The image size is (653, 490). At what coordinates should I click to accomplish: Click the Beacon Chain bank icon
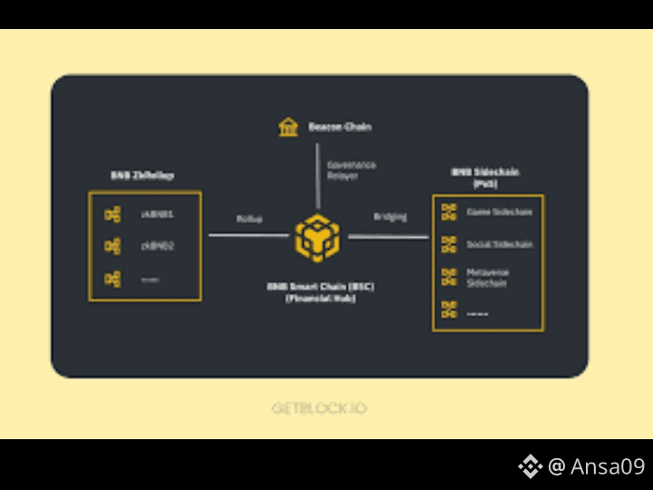click(288, 127)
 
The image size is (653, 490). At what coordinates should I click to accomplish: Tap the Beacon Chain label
click(340, 127)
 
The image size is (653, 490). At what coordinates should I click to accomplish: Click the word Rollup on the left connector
click(249, 219)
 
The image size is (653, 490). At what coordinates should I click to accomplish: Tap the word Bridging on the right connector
click(390, 217)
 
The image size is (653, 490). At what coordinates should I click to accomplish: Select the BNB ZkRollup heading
click(142, 174)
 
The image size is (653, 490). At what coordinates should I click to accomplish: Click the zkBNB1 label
click(157, 215)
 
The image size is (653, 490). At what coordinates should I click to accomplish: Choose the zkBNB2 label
click(157, 246)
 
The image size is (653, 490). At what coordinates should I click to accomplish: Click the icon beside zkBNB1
click(112, 215)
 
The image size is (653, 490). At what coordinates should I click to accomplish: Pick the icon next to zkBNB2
click(112, 246)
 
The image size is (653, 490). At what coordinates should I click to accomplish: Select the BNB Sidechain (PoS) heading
click(485, 178)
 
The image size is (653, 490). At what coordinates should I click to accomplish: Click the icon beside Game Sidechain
click(449, 212)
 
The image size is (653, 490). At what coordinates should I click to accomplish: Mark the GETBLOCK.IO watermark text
click(318, 408)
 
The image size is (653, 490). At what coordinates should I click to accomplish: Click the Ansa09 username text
click(608, 466)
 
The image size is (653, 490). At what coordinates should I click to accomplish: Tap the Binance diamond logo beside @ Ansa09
click(530, 466)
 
